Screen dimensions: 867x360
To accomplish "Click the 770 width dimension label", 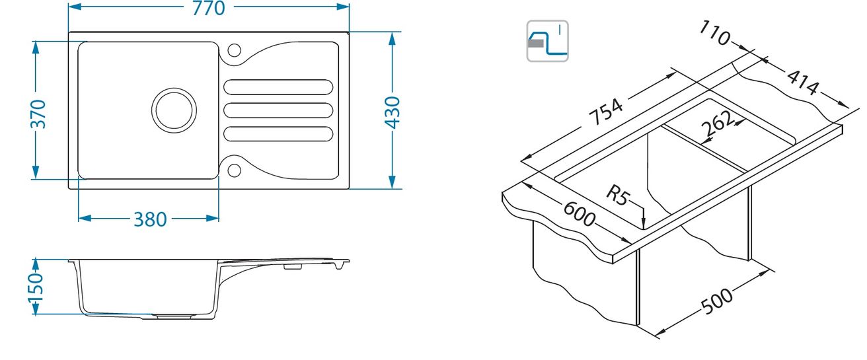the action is click(209, 8).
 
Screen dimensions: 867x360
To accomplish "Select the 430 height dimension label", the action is click(392, 113).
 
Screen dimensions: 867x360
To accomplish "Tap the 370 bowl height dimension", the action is click(38, 114).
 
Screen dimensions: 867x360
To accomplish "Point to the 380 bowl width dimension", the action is click(150, 219).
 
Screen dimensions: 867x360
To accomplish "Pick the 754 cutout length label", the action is click(606, 112).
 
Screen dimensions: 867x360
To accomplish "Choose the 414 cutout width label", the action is click(803, 82).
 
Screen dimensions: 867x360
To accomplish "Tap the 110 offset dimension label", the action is click(715, 33).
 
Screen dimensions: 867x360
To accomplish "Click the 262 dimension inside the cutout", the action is click(718, 123).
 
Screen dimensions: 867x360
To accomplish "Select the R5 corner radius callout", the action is click(618, 195).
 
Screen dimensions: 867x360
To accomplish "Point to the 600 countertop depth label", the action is click(579, 214).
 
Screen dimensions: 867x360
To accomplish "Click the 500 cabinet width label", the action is click(717, 301).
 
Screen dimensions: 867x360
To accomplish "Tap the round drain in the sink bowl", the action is click(174, 110).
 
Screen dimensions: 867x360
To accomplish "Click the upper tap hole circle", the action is click(234, 50).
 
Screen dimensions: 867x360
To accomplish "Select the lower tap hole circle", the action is click(234, 170).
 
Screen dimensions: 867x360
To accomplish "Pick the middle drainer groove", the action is click(278, 110).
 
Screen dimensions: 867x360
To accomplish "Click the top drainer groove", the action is click(278, 87).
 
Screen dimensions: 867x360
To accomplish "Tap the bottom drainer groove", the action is click(278, 134).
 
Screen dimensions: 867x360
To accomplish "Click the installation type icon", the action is click(547, 41).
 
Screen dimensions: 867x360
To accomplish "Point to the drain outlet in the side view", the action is click(174, 317).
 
